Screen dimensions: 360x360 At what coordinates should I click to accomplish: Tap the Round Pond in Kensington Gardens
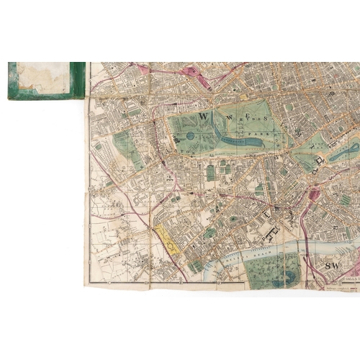(x=191, y=135)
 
